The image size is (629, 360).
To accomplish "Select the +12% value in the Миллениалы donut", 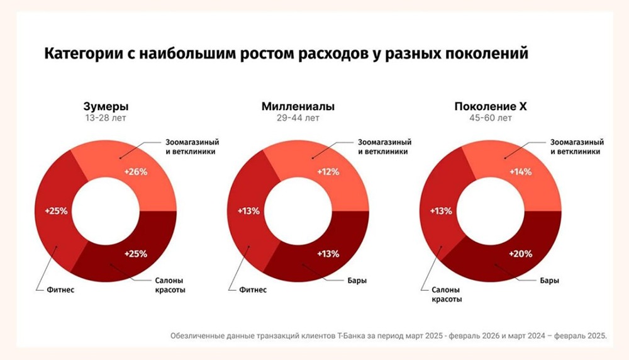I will [328, 172].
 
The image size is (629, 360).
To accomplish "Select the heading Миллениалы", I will [298, 106].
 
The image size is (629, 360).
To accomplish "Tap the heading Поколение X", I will [490, 106].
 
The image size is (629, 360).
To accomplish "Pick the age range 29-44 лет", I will [298, 118].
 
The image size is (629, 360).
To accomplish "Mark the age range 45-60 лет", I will [490, 118].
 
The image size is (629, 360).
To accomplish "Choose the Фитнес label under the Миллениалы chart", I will [253, 290].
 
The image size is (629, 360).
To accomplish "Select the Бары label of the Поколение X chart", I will [549, 280].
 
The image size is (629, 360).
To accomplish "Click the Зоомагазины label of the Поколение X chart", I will [577, 147].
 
